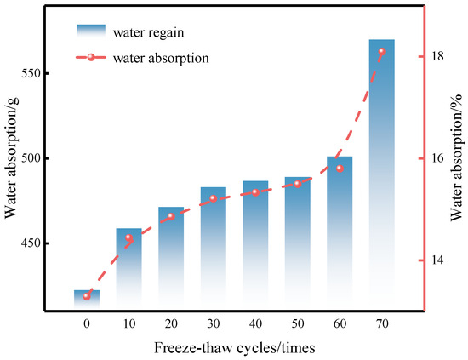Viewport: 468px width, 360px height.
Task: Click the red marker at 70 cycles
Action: (382, 51)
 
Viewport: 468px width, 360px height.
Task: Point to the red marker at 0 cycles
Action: (87, 296)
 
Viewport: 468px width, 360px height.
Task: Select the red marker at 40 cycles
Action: (255, 192)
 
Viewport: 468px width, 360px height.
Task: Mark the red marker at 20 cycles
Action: (171, 216)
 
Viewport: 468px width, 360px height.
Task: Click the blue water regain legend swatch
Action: (91, 31)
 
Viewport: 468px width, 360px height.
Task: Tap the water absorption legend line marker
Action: (91, 57)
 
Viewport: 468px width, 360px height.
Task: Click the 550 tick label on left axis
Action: (31, 73)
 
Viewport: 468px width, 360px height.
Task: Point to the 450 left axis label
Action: (31, 243)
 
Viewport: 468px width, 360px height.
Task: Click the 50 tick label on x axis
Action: (298, 323)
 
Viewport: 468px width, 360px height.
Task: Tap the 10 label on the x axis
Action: (129, 323)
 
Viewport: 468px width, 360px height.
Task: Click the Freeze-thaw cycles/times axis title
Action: (235, 348)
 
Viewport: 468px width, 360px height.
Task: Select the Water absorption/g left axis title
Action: (11, 157)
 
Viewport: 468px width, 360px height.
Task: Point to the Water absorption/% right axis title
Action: (457, 157)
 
